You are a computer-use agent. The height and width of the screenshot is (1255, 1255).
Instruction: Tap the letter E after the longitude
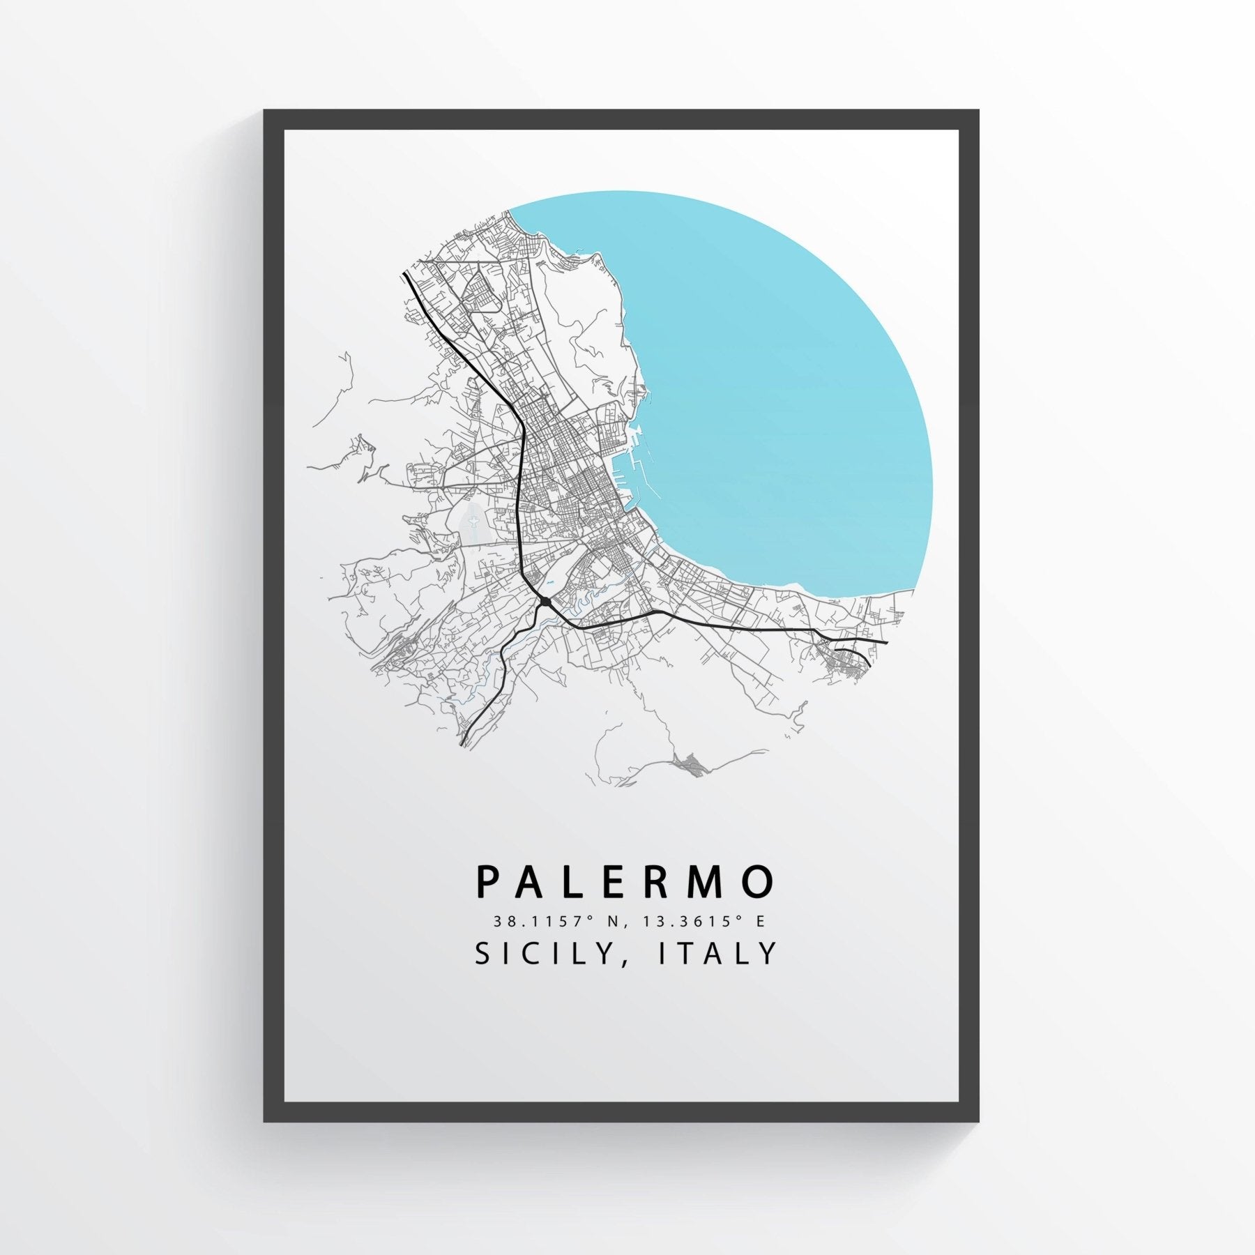(x=760, y=921)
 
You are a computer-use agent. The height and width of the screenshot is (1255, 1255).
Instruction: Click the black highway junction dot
(x=545, y=601)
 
